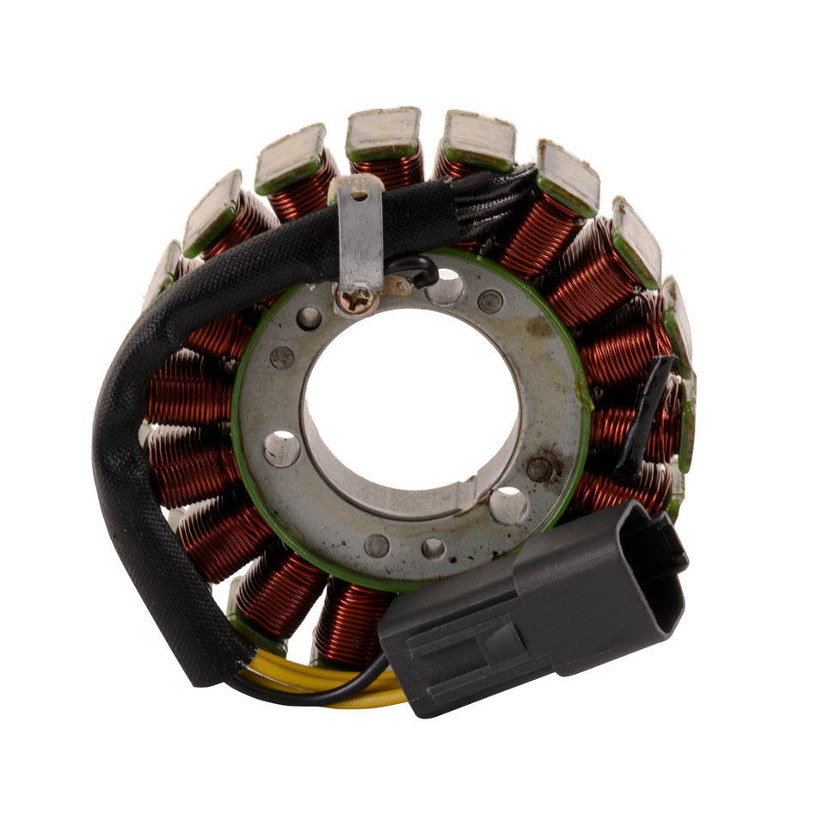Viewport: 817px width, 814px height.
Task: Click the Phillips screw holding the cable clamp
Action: (x=356, y=300)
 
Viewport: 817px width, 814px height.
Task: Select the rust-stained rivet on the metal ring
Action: (x=540, y=468)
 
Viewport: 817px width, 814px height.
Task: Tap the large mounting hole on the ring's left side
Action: (x=282, y=448)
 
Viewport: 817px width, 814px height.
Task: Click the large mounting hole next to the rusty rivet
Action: (x=507, y=505)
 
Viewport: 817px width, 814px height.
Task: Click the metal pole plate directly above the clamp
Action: (x=383, y=133)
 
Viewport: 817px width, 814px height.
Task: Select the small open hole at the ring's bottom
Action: (x=433, y=548)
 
